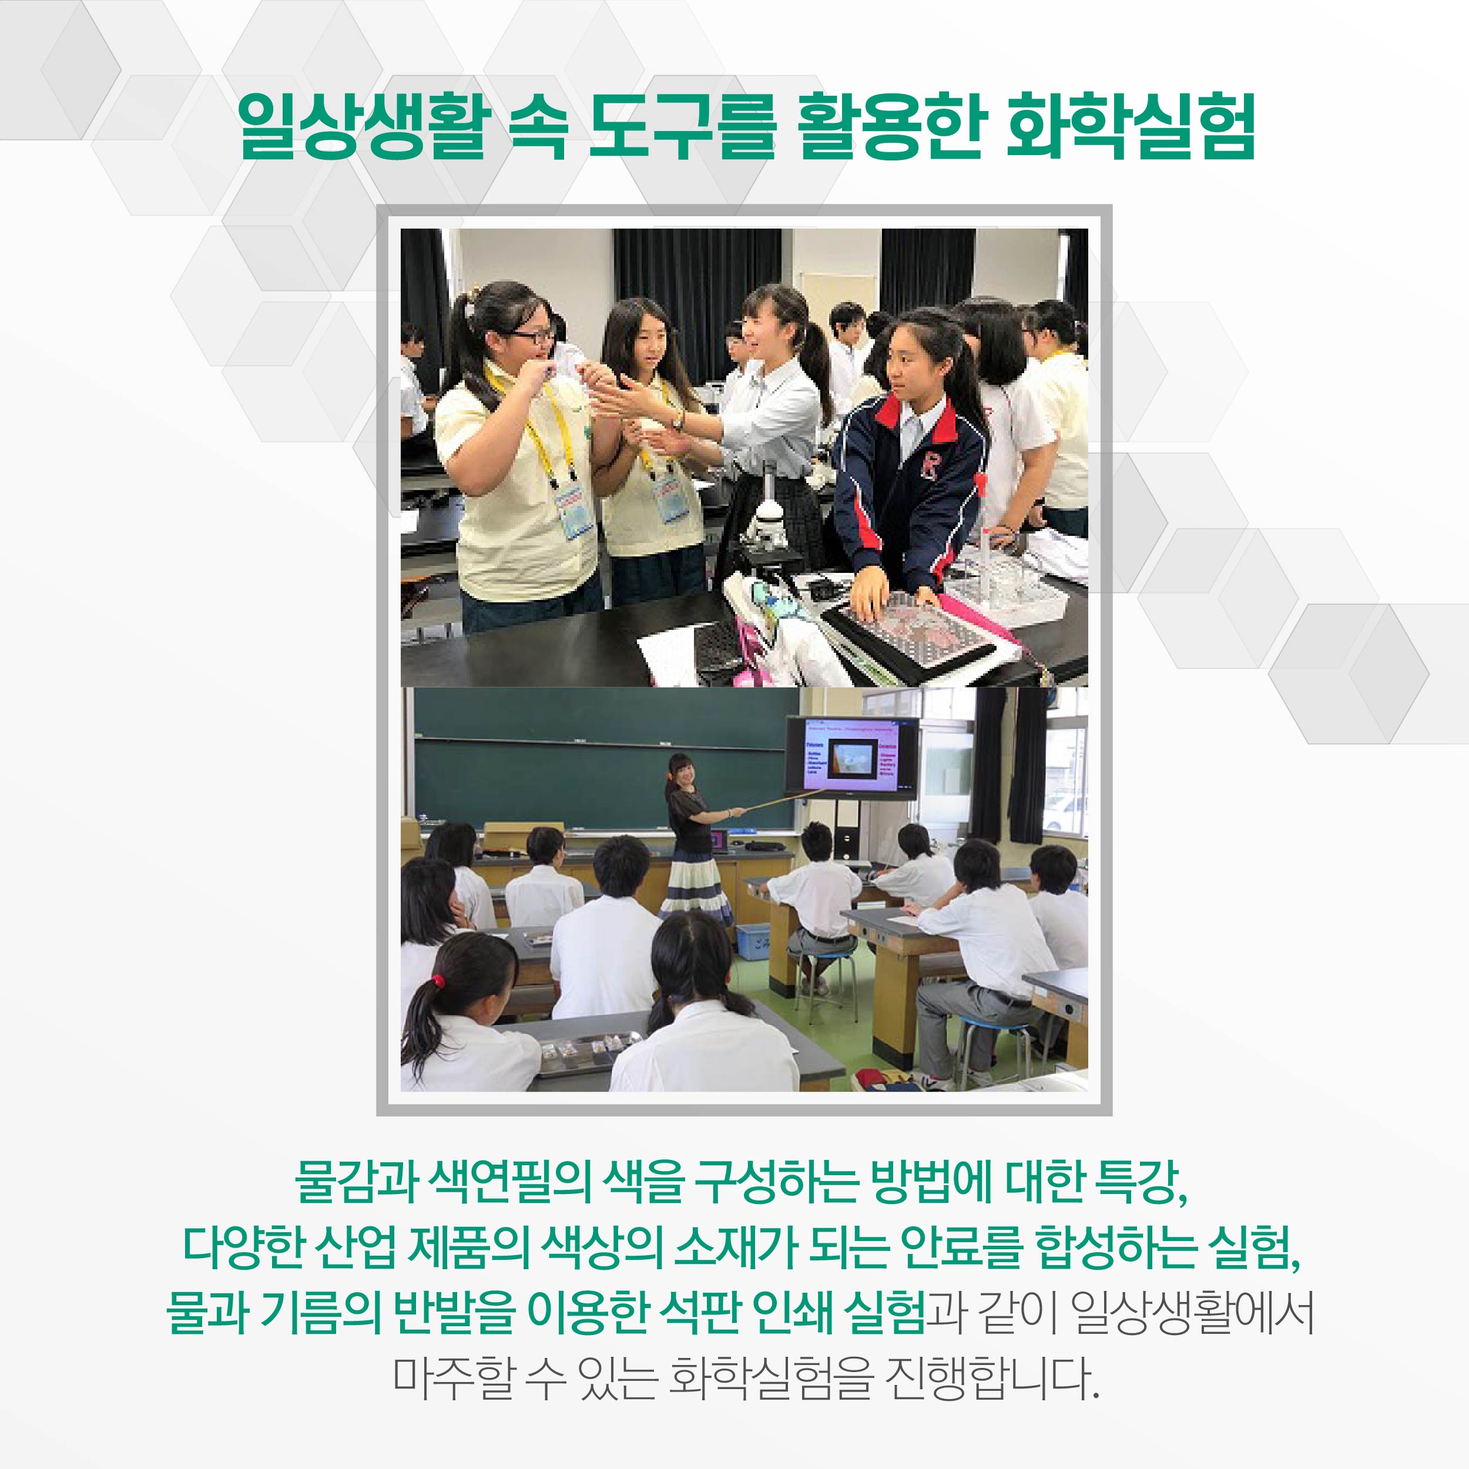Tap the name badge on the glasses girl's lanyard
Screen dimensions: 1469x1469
click(576, 509)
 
